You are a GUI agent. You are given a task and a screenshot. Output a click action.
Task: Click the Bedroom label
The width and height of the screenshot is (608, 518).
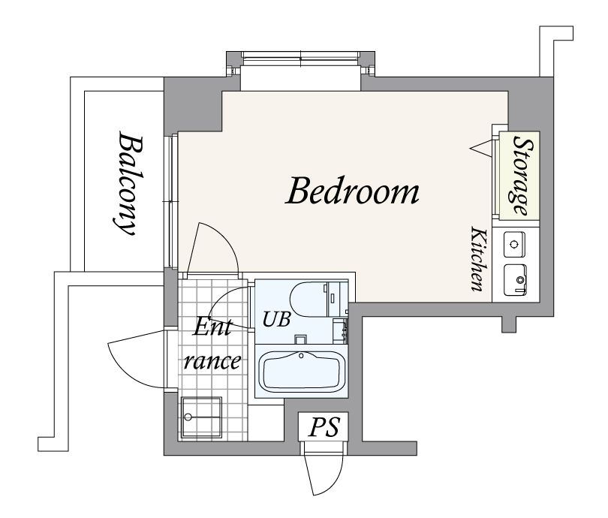pos(352,191)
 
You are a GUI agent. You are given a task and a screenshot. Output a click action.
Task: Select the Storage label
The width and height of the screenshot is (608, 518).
pos(522,175)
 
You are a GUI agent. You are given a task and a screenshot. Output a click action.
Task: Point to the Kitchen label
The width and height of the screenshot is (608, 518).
pos(478,259)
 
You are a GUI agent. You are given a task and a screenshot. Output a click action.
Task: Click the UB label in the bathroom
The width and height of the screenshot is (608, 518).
pos(276,319)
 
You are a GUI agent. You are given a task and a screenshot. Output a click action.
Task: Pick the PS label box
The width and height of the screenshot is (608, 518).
pos(324,426)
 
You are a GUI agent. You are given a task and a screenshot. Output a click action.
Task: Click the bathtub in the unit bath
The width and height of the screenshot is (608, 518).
pos(302,372)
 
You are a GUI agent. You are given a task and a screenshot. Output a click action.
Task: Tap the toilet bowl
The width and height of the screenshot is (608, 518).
pos(309,300)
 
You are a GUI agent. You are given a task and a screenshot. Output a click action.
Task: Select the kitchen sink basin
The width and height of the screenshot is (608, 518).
pos(515,279)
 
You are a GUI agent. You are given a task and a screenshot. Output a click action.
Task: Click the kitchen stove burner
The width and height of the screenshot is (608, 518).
pos(515,244)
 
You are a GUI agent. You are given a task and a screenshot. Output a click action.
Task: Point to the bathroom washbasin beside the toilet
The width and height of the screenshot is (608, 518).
pos(340,331)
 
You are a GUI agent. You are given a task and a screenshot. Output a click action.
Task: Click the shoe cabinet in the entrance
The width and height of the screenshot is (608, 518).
pos(201,417)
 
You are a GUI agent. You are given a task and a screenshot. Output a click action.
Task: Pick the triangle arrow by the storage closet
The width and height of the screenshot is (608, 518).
pos(481,148)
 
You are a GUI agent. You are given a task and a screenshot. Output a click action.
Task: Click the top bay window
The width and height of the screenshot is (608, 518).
pos(300,59)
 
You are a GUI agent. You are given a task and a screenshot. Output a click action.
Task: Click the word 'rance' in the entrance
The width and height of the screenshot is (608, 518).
pos(212,361)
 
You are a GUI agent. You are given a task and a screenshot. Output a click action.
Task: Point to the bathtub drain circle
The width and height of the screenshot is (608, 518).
pos(301,355)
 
